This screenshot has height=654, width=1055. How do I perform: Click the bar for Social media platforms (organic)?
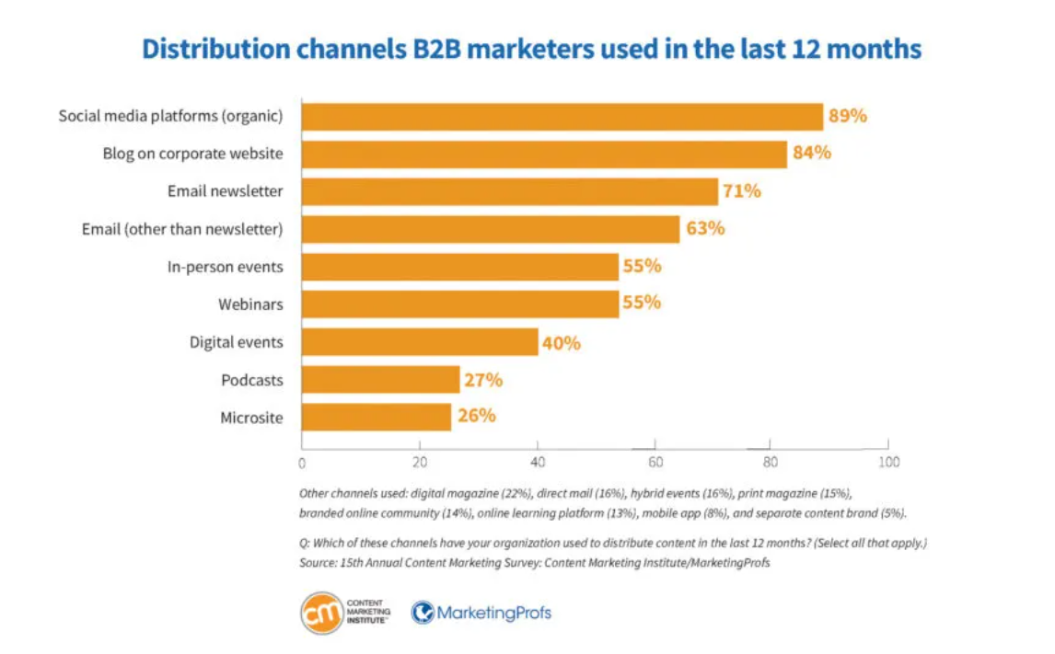tap(562, 117)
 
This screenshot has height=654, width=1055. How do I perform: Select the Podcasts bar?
tap(380, 380)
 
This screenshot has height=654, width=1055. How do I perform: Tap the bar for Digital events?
tap(420, 342)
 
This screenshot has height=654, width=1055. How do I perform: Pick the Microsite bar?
tap(377, 418)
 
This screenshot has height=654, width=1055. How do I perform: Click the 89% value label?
tap(848, 117)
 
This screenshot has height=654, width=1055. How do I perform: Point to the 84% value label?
tap(812, 154)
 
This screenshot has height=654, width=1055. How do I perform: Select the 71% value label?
tap(741, 191)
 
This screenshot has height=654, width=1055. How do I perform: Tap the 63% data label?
tap(704, 228)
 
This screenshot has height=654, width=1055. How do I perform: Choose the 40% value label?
tap(561, 342)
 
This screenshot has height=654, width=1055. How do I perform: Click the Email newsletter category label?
tap(225, 191)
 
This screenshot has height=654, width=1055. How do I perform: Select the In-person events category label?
tap(225, 267)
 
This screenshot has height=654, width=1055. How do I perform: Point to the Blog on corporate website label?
tap(192, 154)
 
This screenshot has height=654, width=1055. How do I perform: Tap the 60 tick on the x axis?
tap(655, 462)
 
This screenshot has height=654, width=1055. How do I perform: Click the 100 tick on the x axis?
tap(888, 462)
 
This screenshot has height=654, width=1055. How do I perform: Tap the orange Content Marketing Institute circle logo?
tap(321, 612)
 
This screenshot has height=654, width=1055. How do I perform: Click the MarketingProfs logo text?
tap(494, 612)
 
